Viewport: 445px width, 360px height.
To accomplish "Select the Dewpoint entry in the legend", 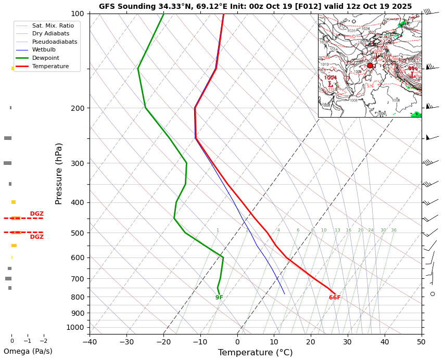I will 45,58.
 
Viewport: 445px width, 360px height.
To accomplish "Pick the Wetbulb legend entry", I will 44,50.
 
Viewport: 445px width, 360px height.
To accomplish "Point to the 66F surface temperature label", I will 335,298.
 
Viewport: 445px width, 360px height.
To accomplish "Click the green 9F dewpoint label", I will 219,298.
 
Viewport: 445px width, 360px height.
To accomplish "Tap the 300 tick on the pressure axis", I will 77,163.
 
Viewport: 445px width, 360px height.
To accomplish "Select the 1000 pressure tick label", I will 75,327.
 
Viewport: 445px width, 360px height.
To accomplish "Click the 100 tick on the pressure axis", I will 77,14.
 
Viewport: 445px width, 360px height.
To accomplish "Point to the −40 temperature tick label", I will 90,342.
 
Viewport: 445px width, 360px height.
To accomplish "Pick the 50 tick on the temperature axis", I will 421,342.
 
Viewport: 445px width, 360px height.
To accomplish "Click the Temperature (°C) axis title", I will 255,353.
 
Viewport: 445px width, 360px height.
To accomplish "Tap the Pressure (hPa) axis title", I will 59,173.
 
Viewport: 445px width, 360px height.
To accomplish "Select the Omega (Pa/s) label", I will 28,351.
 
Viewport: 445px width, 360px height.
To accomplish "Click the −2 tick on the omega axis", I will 43,341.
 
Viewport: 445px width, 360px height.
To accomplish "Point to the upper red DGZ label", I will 36,214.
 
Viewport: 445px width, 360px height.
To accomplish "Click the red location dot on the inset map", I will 370,66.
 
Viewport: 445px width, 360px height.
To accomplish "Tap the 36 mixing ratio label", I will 394,230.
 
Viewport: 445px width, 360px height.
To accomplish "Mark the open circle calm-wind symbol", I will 433,294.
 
